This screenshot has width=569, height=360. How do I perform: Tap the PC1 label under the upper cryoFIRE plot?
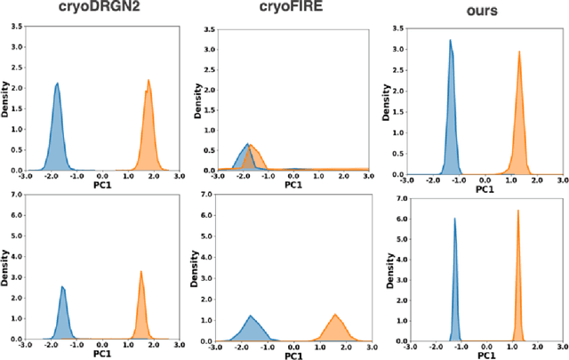pyautogui.click(x=293, y=186)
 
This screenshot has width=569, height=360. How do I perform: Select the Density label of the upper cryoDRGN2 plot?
pyautogui.click(x=5, y=100)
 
